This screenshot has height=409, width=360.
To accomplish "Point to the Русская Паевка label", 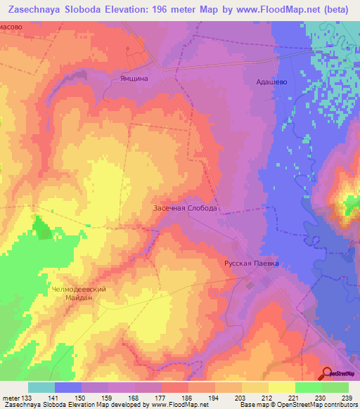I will point(251,264).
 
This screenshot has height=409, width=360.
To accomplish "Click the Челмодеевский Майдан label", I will point(78,292).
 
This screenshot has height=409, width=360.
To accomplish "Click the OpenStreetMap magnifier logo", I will point(327,372).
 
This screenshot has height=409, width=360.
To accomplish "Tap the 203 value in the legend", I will point(241,397).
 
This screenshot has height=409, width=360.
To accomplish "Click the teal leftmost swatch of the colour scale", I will point(41,387).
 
